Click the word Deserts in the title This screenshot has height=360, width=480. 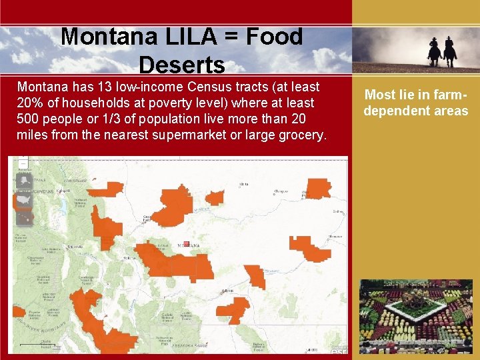[182, 65]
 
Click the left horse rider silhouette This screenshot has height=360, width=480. [434, 52]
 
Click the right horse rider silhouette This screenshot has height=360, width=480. [450, 51]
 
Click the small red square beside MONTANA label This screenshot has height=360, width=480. [187, 244]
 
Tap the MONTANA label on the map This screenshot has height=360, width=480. [189, 246]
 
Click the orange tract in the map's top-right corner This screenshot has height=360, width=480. [317, 188]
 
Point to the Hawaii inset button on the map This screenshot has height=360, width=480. [24, 216]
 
